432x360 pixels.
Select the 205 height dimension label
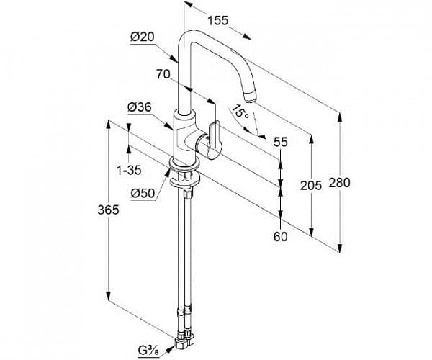[x=311, y=186]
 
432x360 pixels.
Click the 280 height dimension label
[x=339, y=182]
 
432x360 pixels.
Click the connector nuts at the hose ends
[x=184, y=338]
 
